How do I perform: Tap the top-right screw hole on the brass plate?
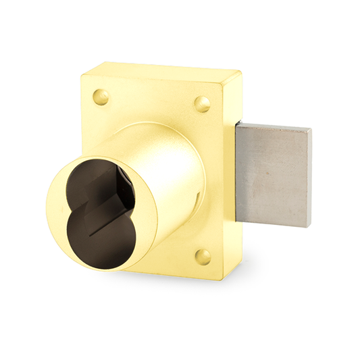(x=202, y=103)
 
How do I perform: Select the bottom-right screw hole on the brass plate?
(x=203, y=256)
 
